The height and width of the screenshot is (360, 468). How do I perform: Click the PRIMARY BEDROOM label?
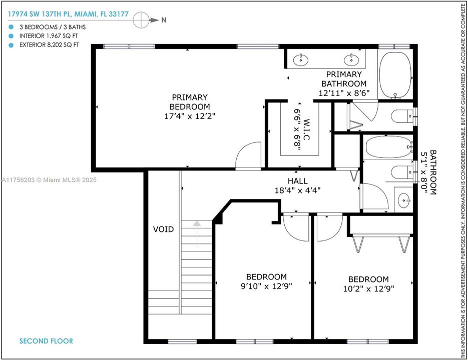(x=189, y=102)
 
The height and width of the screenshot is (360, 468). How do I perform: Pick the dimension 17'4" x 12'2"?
(x=189, y=115)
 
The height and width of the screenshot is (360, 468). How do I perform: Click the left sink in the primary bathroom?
(x=301, y=60)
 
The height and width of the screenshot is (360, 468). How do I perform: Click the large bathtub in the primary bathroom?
(x=395, y=74)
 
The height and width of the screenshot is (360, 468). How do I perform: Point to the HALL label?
(x=297, y=181)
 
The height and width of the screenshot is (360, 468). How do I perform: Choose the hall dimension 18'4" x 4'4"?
(x=297, y=190)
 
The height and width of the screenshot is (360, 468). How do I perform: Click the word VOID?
(x=164, y=229)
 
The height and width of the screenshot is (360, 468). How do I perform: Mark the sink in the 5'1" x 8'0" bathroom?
(x=404, y=201)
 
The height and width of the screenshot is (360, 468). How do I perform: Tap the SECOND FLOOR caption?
(x=46, y=341)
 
